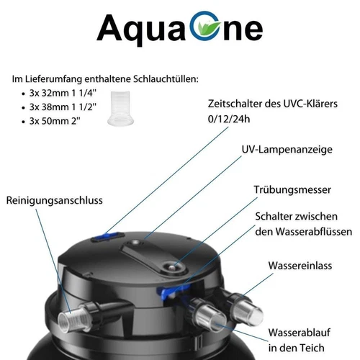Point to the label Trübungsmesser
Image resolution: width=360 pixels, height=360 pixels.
click(x=293, y=190)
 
